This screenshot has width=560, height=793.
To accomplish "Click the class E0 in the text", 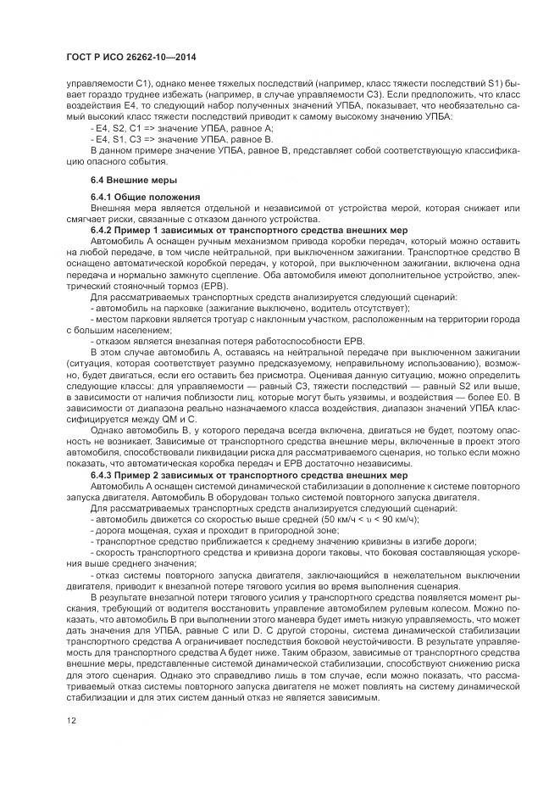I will click(x=488, y=394).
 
